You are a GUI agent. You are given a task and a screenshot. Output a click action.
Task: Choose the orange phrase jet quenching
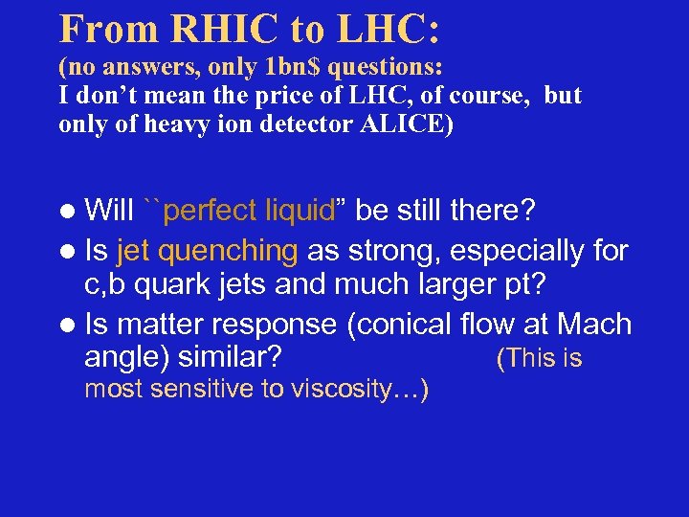click(207, 252)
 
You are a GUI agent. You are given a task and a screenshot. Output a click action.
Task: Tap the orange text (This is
click(539, 359)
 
